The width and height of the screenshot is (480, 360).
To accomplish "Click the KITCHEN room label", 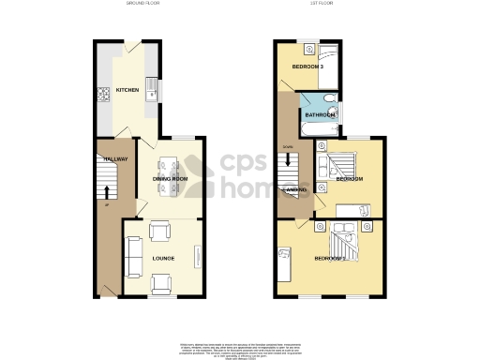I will point(127,91).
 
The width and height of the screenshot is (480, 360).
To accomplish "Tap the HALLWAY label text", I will point(106,159).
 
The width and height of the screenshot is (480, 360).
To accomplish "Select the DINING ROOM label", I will point(171,178).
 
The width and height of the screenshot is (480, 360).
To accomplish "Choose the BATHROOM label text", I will point(319,115).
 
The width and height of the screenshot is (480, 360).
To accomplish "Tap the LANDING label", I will point(294,190).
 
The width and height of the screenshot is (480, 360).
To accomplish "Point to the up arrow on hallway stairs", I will point(106,187).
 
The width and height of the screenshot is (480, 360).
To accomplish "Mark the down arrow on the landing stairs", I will point(289,161).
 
